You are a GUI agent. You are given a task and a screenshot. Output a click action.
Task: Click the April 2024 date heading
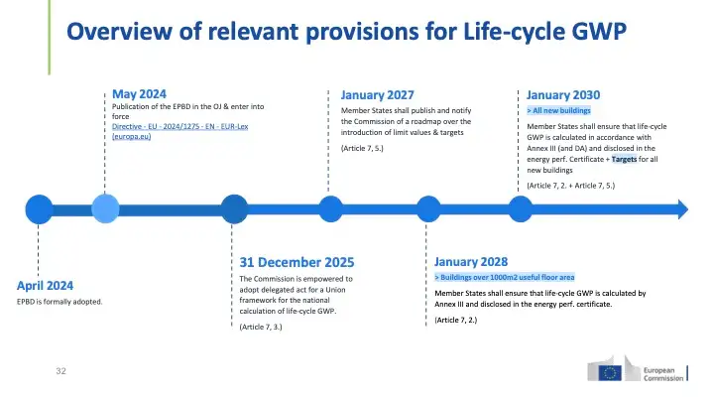point(45,286)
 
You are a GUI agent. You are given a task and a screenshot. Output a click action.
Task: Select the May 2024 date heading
point(140,94)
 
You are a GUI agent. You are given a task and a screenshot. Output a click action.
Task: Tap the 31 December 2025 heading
point(297,262)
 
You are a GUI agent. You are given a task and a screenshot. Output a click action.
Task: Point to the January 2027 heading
point(378,95)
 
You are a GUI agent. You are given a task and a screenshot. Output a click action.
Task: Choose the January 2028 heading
point(471,262)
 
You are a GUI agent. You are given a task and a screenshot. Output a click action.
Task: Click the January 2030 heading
point(563,95)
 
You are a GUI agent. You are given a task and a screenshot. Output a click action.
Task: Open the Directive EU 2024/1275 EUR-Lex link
point(179,131)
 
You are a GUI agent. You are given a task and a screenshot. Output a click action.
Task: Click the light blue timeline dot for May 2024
point(105,208)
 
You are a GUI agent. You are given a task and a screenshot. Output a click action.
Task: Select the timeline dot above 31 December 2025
point(234,209)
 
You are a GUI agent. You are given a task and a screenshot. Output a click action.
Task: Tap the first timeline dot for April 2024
point(39,209)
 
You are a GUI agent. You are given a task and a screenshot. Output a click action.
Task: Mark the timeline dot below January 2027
point(330,209)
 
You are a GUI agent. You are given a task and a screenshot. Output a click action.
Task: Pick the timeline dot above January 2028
point(428,209)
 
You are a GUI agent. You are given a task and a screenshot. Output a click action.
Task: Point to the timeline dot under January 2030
point(521,209)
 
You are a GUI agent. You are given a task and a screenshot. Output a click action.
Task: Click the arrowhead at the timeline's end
point(683,209)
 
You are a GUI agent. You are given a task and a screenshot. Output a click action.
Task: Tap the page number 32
point(61,371)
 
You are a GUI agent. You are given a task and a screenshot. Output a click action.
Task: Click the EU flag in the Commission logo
point(610,373)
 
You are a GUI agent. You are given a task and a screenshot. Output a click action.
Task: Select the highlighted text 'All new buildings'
point(558,111)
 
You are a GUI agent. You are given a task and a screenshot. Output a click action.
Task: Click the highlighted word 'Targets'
point(625,159)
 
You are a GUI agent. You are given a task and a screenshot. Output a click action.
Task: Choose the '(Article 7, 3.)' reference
point(261,327)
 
